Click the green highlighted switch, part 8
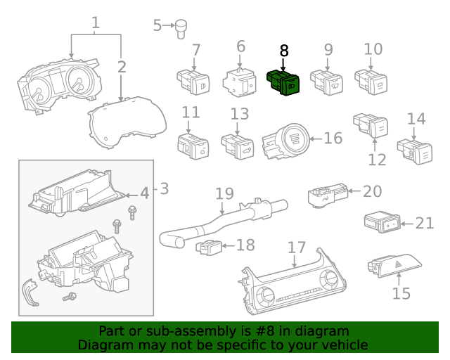283,83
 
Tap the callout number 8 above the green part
284,51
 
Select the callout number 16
333,137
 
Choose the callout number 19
224,193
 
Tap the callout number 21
425,223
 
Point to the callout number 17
297,247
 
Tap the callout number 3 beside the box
163,188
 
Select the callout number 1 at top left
96,22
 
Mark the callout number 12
378,160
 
